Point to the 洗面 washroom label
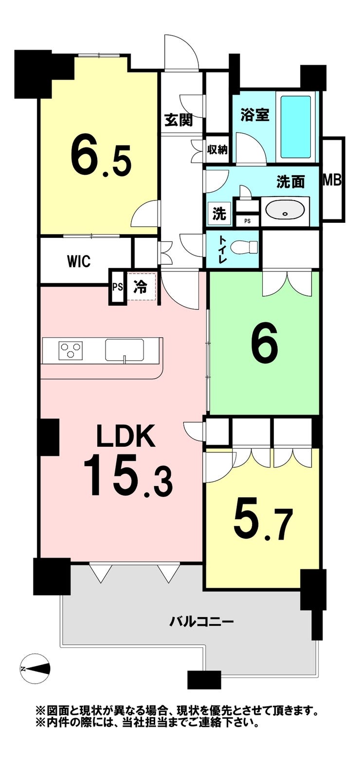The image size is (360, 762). coord(290,182)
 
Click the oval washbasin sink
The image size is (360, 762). coord(285,211)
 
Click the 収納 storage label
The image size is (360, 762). coord(217,150)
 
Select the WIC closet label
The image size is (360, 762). coord(79,261)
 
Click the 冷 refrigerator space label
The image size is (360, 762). coord(140,286)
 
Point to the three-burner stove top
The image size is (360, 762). coord(71,350)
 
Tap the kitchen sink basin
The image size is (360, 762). coord(125,349)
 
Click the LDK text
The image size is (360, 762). coord(126,435)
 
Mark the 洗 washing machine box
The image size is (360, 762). coord(219,214)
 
